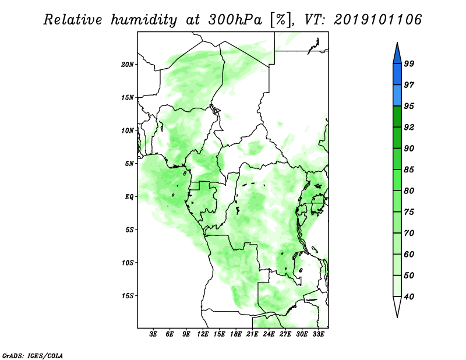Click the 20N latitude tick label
tap(128, 65)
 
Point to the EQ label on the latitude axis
tap(129, 197)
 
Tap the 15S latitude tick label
tap(128, 296)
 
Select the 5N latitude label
tap(129, 164)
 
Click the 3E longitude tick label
tap(153, 334)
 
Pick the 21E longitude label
tap(252, 334)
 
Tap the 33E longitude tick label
tap(318, 334)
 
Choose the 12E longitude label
tap(203, 334)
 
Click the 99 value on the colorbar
tap(409, 63)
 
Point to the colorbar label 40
tap(409, 297)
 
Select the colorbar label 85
tap(409, 170)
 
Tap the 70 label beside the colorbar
tap(409, 233)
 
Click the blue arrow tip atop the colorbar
tap(397, 43)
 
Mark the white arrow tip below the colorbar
tap(397, 317)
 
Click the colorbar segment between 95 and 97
tap(397, 96)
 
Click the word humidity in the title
tap(144, 20)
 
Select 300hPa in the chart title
tap(235, 20)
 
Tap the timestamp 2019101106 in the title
tap(377, 20)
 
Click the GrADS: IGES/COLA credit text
tap(33, 355)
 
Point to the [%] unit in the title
tap(281, 20)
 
